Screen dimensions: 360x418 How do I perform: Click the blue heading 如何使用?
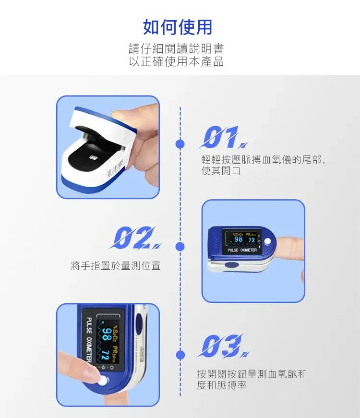click(x=178, y=27)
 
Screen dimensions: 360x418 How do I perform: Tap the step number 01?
click(x=223, y=137)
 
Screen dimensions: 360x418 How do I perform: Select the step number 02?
click(x=135, y=238)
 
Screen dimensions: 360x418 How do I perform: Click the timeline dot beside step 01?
click(x=180, y=144)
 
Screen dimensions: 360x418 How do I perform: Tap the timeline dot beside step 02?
click(x=180, y=247)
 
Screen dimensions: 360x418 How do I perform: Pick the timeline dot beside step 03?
click(x=180, y=355)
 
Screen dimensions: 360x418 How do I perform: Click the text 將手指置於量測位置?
click(x=116, y=265)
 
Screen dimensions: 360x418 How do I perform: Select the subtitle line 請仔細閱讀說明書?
click(x=177, y=48)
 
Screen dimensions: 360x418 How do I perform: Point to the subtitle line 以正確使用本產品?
click(x=177, y=61)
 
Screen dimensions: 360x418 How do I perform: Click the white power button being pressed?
click(x=103, y=381)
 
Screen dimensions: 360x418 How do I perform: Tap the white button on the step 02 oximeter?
click(x=267, y=241)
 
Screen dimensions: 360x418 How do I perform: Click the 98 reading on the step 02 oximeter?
click(x=238, y=239)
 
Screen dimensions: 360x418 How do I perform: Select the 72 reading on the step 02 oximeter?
click(x=252, y=240)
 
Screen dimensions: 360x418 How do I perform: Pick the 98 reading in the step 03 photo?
click(x=106, y=334)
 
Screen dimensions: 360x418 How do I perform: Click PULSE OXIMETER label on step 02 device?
click(x=242, y=250)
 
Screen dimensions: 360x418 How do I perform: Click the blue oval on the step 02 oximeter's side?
click(x=231, y=265)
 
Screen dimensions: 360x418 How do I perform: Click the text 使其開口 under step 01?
click(x=221, y=171)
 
